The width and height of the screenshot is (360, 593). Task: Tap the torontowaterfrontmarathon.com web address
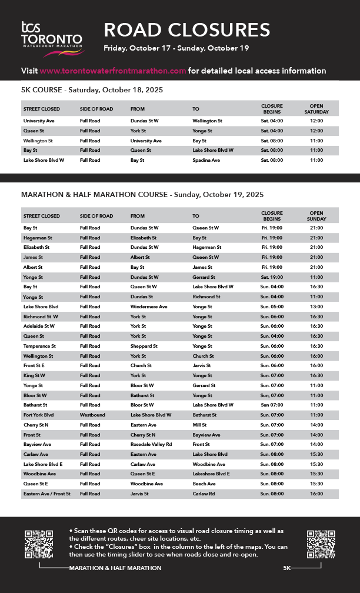pyautogui.click(x=113, y=71)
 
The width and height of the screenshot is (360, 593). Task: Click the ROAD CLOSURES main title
pyautogui.click(x=187, y=29)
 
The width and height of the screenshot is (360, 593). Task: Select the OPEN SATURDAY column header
pyautogui.click(x=316, y=108)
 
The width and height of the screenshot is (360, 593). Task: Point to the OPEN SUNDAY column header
pyautogui.click(x=316, y=216)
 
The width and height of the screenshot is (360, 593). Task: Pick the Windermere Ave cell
pyautogui.click(x=149, y=307)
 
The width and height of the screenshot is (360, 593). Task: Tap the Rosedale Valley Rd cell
pyautogui.click(x=151, y=445)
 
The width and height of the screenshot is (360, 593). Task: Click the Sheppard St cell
pyautogui.click(x=144, y=347)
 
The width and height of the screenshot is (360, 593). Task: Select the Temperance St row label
pyautogui.click(x=39, y=347)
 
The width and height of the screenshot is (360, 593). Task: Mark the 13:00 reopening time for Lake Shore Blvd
pyautogui.click(x=316, y=307)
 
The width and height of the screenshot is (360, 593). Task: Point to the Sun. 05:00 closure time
pyautogui.click(x=272, y=307)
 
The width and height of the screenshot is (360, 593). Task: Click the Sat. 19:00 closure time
pyautogui.click(x=272, y=277)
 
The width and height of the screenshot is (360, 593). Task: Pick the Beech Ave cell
pyautogui.click(x=205, y=484)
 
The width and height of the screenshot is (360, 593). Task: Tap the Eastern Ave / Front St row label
pyautogui.click(x=47, y=494)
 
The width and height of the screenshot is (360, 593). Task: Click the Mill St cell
pyautogui.click(x=199, y=425)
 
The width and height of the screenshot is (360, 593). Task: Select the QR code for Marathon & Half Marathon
pyautogui.click(x=39, y=544)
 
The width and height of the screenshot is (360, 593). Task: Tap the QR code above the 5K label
pyautogui.click(x=321, y=544)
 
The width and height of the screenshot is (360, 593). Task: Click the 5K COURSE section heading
pyautogui.click(x=92, y=90)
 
